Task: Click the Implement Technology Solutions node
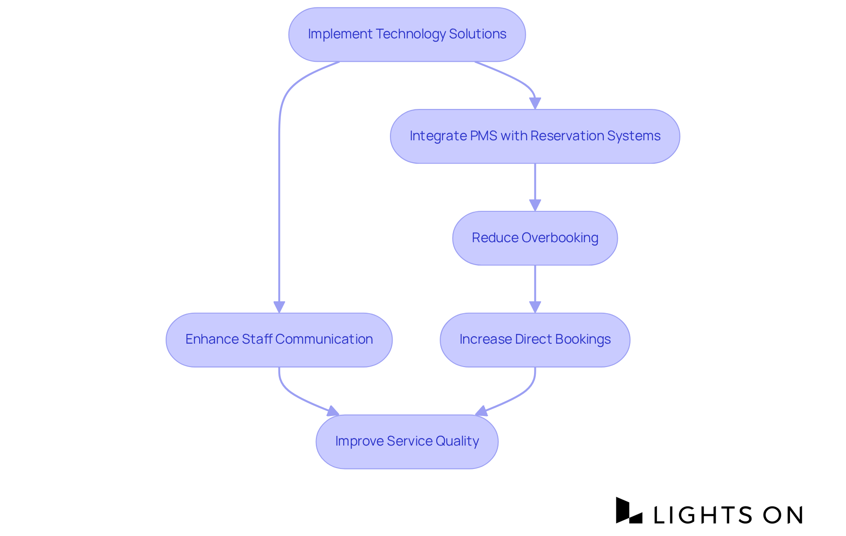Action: point(407,34)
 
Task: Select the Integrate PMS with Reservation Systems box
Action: point(534,136)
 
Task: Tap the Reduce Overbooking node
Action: point(534,238)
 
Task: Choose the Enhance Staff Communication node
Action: point(279,340)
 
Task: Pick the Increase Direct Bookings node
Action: point(534,340)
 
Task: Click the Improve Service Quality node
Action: point(407,442)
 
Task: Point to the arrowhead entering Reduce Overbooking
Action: point(535,206)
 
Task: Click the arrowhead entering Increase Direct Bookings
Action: point(535,307)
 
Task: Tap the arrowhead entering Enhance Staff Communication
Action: point(279,307)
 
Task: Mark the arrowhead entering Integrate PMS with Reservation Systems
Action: point(535,104)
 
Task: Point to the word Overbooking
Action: point(560,238)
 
